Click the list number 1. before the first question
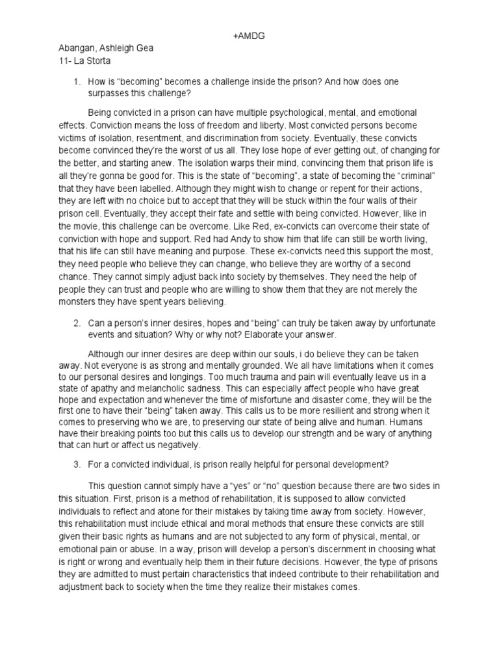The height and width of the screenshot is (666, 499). (77, 82)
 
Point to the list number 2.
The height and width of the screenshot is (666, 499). (77, 323)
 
